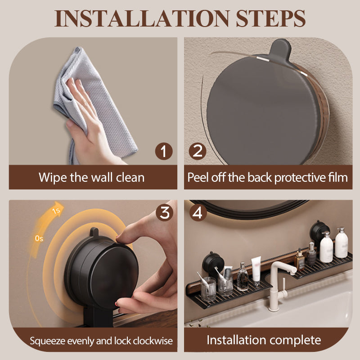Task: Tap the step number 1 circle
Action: (x=164, y=151)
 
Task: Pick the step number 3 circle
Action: (x=164, y=212)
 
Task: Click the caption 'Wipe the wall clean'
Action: (x=92, y=177)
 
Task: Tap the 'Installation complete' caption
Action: (x=264, y=340)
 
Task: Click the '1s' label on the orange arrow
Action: (x=57, y=210)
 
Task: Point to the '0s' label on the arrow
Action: (x=39, y=238)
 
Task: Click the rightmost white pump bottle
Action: (x=341, y=243)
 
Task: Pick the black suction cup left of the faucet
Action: (x=212, y=262)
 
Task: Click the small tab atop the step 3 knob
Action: (x=94, y=232)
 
